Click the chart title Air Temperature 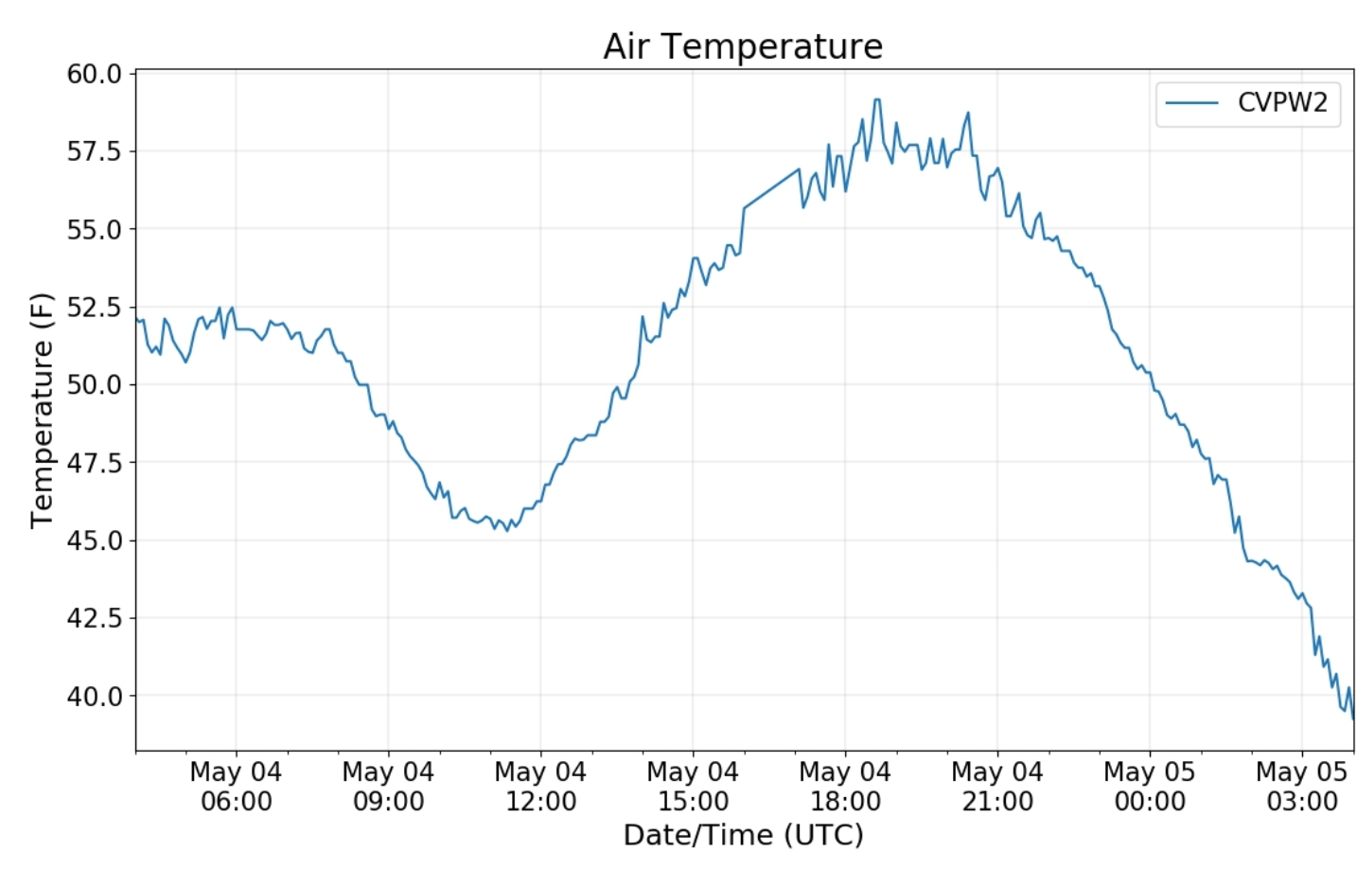(743, 46)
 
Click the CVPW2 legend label (1282, 102)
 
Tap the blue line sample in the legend (1192, 102)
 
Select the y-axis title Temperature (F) (42, 410)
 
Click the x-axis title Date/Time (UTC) (743, 835)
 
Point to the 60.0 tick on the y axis (95, 74)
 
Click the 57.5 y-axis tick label (95, 151)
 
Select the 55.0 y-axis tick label (95, 229)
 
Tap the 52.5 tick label (95, 307)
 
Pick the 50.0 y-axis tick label (95, 384)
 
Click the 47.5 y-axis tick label (95, 462)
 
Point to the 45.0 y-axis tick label (95, 541)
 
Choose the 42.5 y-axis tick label (95, 618)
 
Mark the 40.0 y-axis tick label (95, 696)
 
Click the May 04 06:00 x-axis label (236, 787)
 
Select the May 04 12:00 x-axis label (540, 787)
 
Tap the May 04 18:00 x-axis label (845, 787)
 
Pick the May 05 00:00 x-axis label (1150, 787)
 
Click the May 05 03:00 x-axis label (1301, 787)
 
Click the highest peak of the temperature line (876, 99)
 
